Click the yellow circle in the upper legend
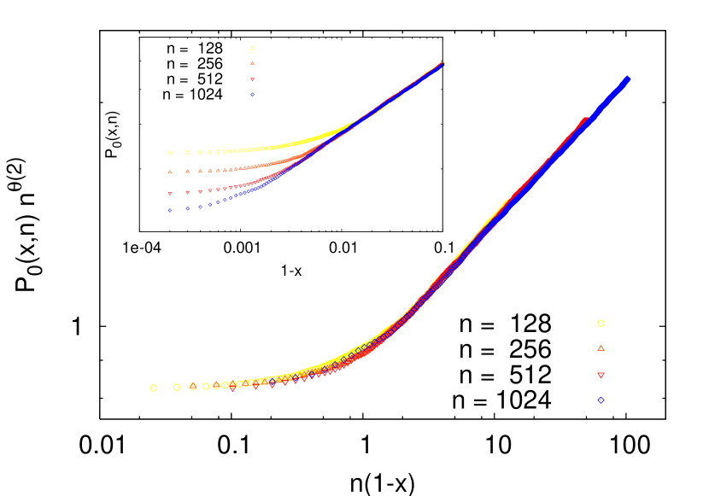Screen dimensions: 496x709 point(252,49)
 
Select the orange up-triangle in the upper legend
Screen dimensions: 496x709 point(252,63)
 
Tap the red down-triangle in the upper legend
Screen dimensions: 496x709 point(252,79)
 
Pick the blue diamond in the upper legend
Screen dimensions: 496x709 point(252,95)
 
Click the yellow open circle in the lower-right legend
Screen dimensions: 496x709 point(601,324)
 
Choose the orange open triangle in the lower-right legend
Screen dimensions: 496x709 point(601,348)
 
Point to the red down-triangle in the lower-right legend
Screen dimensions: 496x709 point(601,376)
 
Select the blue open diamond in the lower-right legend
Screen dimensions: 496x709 point(601,400)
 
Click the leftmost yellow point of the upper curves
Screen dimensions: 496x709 point(170,153)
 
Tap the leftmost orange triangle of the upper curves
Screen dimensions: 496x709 point(170,172)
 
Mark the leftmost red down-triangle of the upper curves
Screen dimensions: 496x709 point(170,194)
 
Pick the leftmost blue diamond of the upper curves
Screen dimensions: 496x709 point(170,210)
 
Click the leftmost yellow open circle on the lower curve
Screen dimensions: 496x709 point(154,388)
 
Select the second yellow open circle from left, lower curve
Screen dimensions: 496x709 point(177,387)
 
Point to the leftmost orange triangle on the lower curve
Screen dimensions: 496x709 point(193,386)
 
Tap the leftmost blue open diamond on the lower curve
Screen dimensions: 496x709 point(272,382)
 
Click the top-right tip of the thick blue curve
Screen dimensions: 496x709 point(628,79)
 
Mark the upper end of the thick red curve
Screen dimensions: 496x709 point(586,120)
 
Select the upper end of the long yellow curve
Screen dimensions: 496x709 point(507,201)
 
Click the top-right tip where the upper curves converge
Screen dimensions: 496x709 point(442,63)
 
